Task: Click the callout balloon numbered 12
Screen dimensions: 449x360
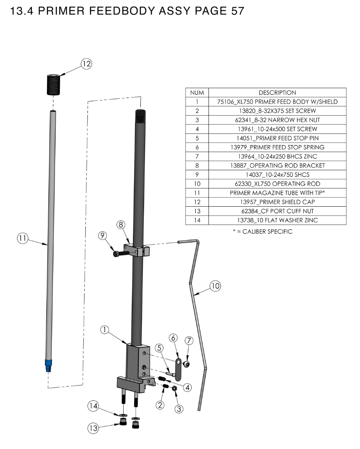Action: click(x=86, y=64)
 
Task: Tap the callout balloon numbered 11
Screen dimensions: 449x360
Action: click(x=23, y=238)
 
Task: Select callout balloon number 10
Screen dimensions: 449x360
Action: click(x=216, y=286)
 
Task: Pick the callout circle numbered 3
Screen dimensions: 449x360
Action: click(x=179, y=408)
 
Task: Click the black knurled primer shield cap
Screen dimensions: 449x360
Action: click(x=53, y=84)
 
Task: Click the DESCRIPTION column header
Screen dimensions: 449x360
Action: click(x=277, y=93)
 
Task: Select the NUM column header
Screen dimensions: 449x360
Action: click(x=197, y=93)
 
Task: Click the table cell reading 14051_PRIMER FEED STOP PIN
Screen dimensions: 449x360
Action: click(x=277, y=138)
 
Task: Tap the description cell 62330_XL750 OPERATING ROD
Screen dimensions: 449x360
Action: click(x=277, y=184)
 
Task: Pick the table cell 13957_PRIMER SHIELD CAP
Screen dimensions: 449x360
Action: click(x=277, y=202)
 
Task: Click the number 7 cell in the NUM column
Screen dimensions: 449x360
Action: click(x=197, y=156)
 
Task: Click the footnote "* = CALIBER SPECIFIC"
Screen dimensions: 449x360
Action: click(x=263, y=232)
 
